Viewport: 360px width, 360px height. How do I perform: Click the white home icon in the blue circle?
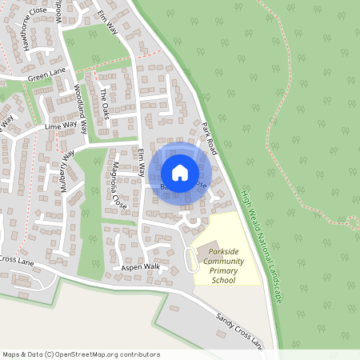pos(180,172)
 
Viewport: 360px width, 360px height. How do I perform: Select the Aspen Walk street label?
pos(140,266)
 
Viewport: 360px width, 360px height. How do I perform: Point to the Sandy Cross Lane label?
pos(238,330)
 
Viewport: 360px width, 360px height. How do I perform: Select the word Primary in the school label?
pos(224,271)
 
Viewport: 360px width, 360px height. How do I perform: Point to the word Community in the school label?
pos(224,262)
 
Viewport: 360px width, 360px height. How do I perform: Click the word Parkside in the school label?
pos(225,252)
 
